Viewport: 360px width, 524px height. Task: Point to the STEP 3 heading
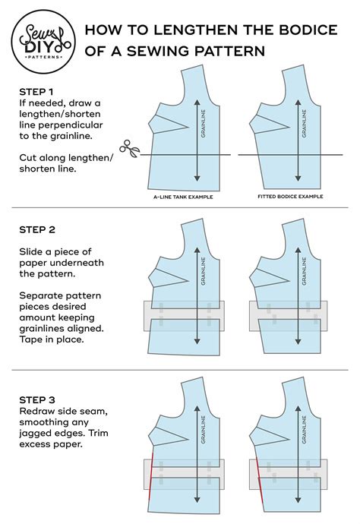pyautogui.click(x=38, y=399)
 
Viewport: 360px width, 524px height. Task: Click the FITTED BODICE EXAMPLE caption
pyautogui.click(x=285, y=197)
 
